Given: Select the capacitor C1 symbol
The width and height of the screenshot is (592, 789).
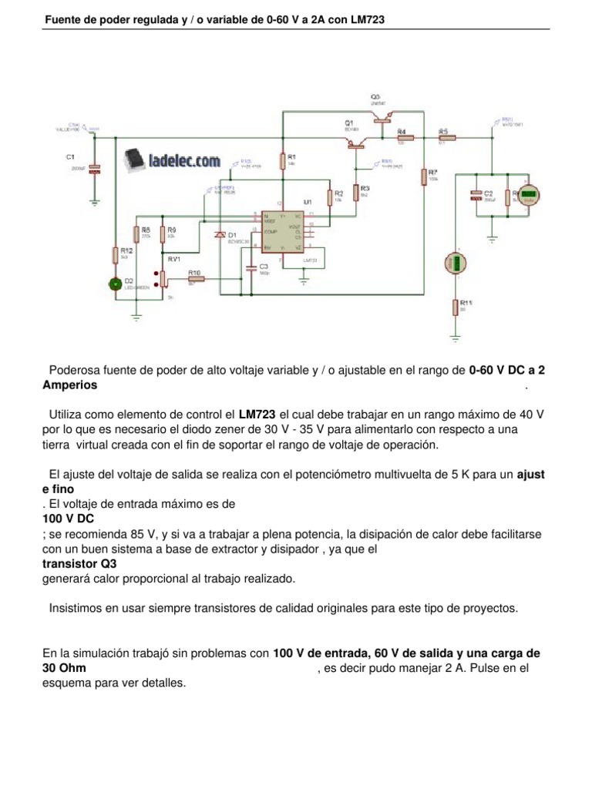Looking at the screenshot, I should (x=95, y=169).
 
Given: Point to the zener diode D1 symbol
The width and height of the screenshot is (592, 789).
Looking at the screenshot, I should (x=220, y=234).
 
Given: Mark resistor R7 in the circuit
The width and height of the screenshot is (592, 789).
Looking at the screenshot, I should (x=425, y=177).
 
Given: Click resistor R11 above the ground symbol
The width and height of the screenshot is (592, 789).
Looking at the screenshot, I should (x=456, y=307).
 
